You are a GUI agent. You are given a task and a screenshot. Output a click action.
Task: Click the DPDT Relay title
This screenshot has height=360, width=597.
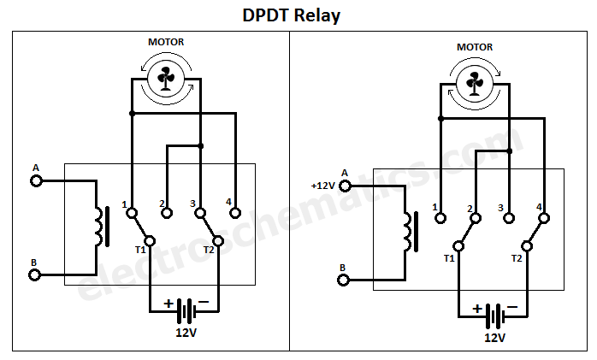coord(298,15)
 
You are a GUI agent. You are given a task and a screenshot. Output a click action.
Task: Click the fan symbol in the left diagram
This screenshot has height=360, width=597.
coord(165,80)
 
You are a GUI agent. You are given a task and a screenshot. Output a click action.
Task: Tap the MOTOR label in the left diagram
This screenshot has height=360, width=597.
coord(165,42)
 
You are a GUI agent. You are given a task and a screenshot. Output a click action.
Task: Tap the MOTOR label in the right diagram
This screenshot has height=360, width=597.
coord(474,47)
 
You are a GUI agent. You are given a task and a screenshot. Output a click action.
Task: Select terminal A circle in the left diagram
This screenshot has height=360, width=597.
coord(36,180)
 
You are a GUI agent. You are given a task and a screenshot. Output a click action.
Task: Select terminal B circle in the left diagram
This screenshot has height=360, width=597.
coord(36,274)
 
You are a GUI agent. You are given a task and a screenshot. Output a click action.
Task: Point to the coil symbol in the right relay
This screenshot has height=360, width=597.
coord(409,231)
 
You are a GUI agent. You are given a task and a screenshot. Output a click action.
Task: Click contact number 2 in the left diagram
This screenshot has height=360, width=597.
coord(162,204)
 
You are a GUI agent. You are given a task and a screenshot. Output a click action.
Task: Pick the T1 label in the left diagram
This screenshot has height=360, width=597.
coord(139,251)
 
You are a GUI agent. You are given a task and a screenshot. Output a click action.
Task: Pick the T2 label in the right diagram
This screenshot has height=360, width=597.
coord(517,257)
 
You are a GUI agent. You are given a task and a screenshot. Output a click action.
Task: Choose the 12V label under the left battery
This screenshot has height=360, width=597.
coord(186,332)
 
